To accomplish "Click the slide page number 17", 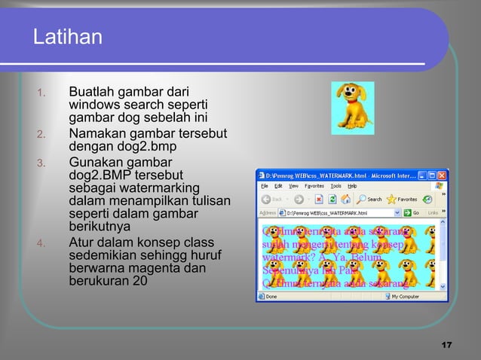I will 446,345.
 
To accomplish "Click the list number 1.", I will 42,94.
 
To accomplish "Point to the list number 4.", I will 42,243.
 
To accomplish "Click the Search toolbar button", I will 369,200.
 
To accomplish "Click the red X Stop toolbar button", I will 319,200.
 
